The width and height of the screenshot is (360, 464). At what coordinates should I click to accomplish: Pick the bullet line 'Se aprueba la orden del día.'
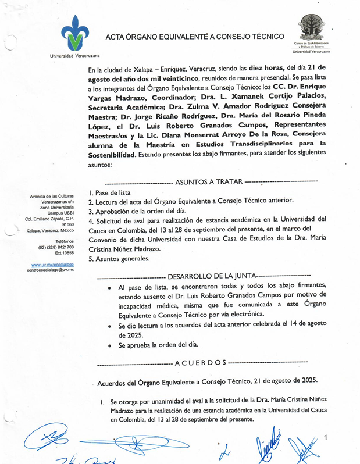point(158,345)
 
